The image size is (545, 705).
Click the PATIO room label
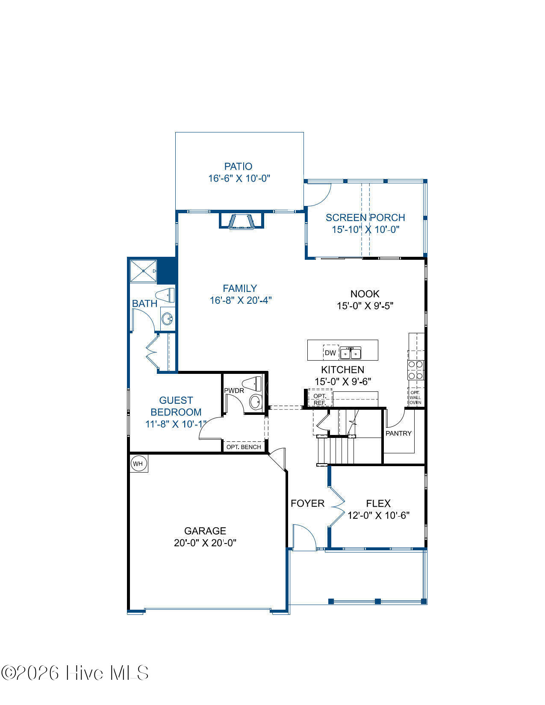(238, 167)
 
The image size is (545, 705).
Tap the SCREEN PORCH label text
(365, 217)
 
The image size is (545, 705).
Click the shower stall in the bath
(144, 271)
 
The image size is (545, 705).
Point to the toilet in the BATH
(165, 295)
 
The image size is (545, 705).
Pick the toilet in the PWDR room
(252, 384)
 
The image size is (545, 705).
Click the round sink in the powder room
(256, 402)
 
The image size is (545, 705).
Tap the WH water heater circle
(138, 464)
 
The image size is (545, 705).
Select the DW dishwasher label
(330, 353)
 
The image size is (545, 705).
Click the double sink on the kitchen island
(351, 352)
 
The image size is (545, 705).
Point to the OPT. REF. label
(320, 399)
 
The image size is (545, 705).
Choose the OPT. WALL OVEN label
(415, 397)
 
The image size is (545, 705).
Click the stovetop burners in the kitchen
(416, 370)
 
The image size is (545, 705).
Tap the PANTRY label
(398, 433)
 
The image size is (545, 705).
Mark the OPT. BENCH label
(244, 447)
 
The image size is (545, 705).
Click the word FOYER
(307, 503)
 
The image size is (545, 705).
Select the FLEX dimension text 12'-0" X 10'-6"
(378, 516)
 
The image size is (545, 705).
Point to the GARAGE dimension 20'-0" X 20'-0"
(205, 543)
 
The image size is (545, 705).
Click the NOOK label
(365, 294)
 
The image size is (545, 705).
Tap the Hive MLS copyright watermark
(75, 673)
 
